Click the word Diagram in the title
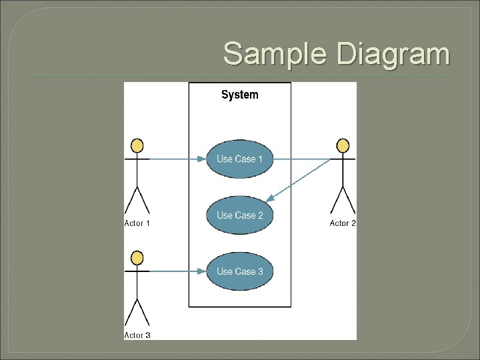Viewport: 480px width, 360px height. click(x=393, y=53)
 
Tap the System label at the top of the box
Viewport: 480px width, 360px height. click(x=239, y=95)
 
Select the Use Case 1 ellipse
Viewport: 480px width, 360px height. click(x=239, y=159)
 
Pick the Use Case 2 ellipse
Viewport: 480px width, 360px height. click(x=239, y=215)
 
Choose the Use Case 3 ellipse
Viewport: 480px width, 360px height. click(x=239, y=271)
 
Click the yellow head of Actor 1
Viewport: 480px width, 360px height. click(x=137, y=145)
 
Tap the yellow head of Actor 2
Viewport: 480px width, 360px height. click(x=343, y=145)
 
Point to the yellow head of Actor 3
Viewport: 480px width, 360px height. click(x=137, y=257)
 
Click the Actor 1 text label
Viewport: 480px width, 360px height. click(x=137, y=223)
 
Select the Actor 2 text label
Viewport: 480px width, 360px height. click(x=343, y=223)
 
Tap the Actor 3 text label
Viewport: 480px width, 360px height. click(x=137, y=335)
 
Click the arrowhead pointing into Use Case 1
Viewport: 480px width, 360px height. click(x=201, y=159)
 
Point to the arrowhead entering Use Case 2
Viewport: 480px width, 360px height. click(x=270, y=199)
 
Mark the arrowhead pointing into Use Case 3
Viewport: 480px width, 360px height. click(x=201, y=271)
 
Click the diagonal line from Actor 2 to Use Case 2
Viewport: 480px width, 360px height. click(x=300, y=179)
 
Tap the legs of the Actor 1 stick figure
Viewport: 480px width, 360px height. click(x=137, y=200)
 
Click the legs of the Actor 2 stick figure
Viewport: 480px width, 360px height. click(x=343, y=200)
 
